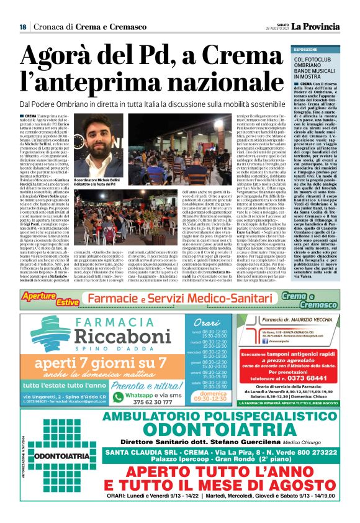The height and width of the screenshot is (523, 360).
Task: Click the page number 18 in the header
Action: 22,27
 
